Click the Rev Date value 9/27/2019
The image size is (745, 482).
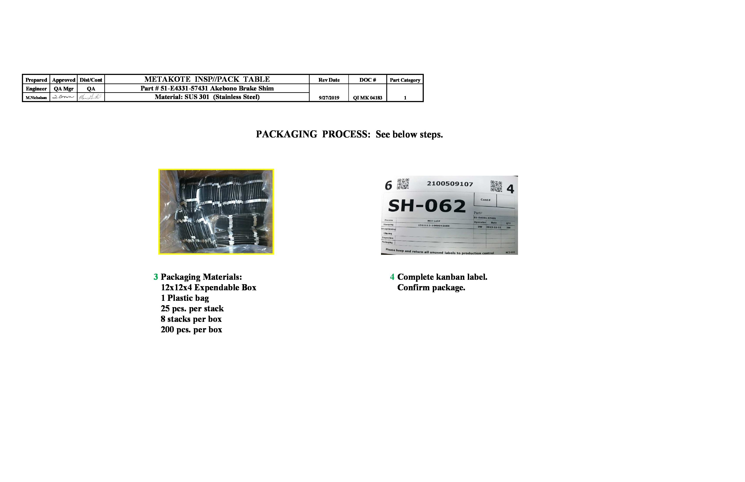coord(329,98)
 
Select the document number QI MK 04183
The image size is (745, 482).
coord(367,98)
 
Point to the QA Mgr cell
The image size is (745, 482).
coord(64,89)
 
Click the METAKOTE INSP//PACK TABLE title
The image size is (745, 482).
coord(207,79)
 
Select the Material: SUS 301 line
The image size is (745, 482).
coord(207,97)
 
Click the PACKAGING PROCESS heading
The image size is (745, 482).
coord(349,134)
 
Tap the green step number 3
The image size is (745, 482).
coord(156,277)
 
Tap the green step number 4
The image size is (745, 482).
coord(392,277)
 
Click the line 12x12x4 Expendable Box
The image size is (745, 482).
coord(208,287)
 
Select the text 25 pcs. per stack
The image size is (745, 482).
coord(192,309)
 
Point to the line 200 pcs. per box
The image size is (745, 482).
coord(191,330)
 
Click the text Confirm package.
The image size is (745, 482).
coord(431,287)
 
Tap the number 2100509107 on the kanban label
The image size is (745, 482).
coord(450,184)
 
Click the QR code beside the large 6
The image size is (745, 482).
coord(403,184)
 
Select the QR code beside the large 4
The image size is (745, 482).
coord(496,186)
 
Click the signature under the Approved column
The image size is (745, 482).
coord(63,97)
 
